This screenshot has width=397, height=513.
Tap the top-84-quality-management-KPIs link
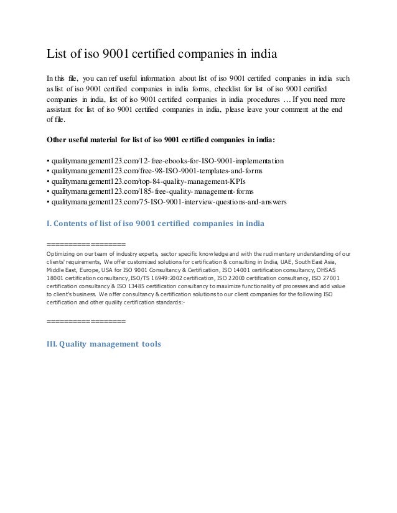tap(151, 181)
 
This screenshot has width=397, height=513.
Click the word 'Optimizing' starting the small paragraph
tap(62, 253)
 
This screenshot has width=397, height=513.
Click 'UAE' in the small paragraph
tap(304, 261)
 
